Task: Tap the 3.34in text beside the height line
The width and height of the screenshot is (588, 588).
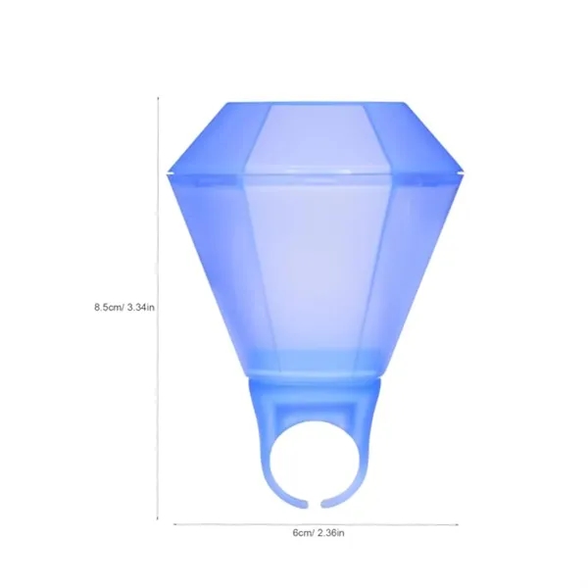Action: coord(138,307)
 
